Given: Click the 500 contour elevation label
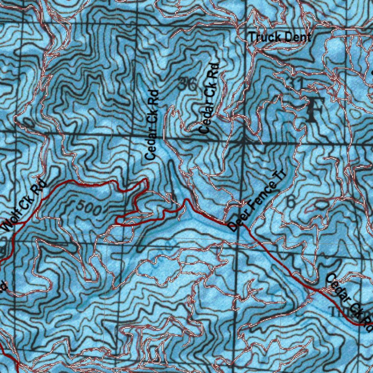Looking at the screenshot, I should pyautogui.click(x=89, y=207).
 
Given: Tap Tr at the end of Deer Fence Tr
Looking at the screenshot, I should pyautogui.click(x=282, y=174).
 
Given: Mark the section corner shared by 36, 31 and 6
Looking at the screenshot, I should pyautogui.click(x=243, y=142).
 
